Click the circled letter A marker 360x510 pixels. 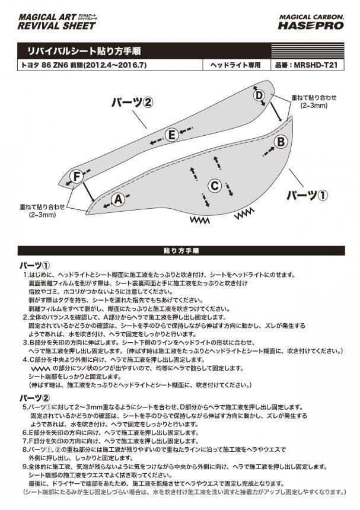click(119, 200)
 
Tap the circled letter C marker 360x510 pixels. click(215, 186)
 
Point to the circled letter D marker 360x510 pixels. click(259, 95)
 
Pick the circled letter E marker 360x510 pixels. click(172, 135)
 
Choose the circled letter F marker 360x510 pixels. click(77, 176)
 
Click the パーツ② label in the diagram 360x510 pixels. click(132, 102)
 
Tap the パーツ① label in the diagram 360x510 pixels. click(306, 195)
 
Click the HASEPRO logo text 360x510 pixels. click(311, 26)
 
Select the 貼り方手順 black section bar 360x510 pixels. click(180, 250)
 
